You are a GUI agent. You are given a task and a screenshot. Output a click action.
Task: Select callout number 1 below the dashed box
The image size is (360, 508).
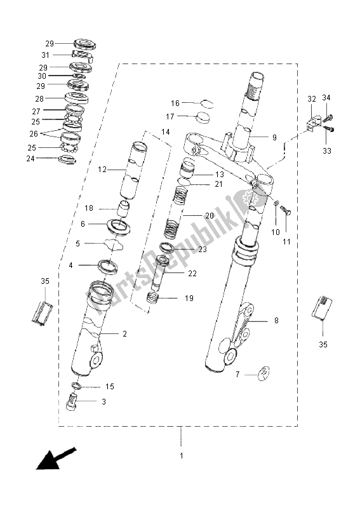click(182, 455)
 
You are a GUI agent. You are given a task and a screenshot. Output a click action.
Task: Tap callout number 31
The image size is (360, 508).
click(45, 55)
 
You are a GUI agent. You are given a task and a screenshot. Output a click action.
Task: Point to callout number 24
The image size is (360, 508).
click(30, 159)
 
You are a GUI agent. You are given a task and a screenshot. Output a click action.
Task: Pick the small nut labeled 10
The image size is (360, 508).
click(276, 203)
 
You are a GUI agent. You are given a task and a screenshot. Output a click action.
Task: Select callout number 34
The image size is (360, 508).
click(326, 97)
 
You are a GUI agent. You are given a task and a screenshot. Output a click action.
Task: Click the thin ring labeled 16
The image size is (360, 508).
click(207, 104)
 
